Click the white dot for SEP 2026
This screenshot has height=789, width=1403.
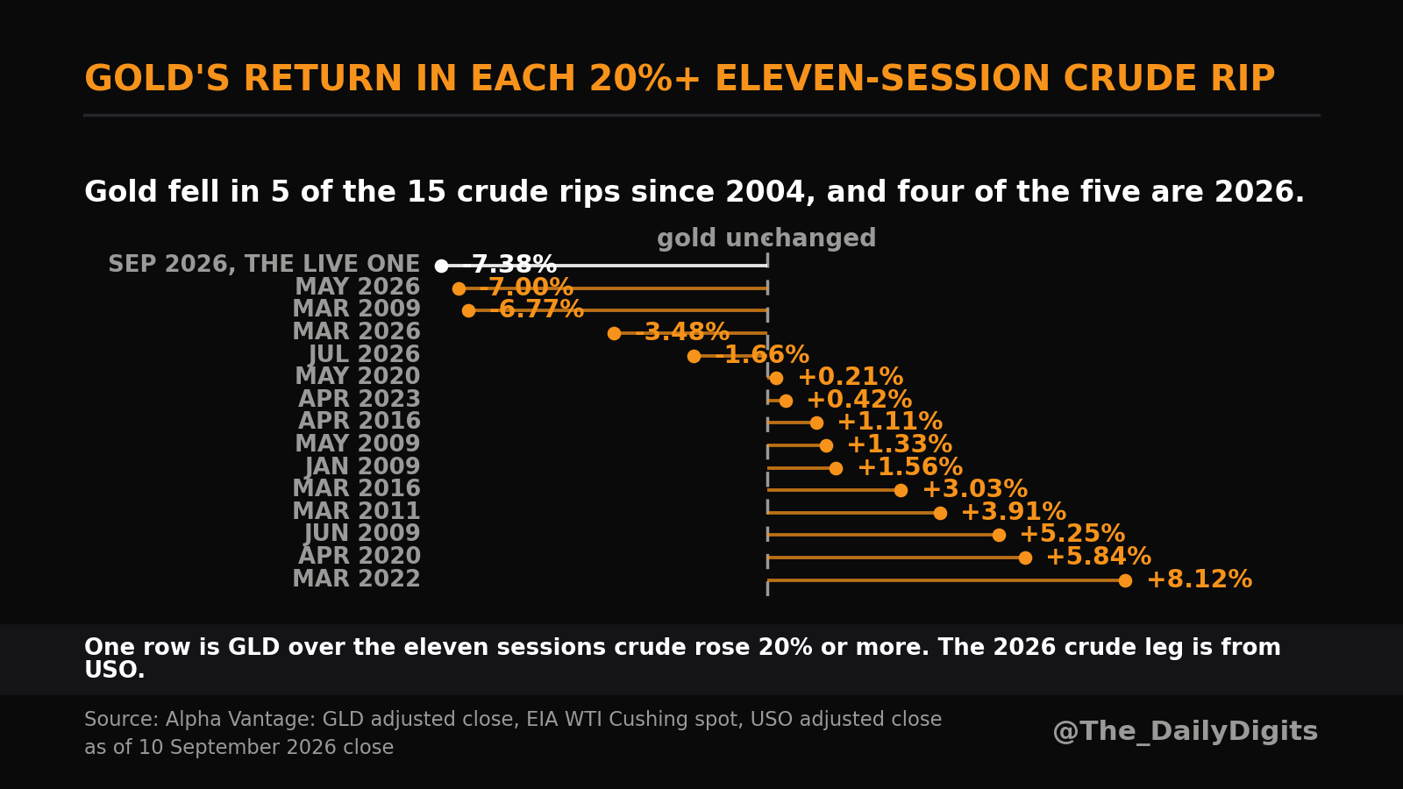442,267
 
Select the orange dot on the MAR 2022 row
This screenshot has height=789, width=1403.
1125,580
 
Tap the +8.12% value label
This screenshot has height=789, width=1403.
1200,579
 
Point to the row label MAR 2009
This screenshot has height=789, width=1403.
356,309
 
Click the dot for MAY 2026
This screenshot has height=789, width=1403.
459,288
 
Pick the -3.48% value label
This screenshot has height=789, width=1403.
682,332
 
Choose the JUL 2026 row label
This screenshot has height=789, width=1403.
364,354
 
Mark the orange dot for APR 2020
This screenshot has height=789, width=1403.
1025,558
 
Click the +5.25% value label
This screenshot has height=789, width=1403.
1072,534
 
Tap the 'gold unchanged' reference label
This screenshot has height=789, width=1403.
766,238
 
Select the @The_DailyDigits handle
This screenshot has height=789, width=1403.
1185,731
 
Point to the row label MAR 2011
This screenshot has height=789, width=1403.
356,511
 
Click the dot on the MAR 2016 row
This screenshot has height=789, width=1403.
901,490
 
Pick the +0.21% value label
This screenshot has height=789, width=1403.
851,377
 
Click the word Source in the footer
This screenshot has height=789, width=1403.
122,720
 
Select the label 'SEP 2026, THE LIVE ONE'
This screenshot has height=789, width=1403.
264,264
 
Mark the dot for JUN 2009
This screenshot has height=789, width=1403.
999,536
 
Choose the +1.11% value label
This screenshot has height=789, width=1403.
890,422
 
